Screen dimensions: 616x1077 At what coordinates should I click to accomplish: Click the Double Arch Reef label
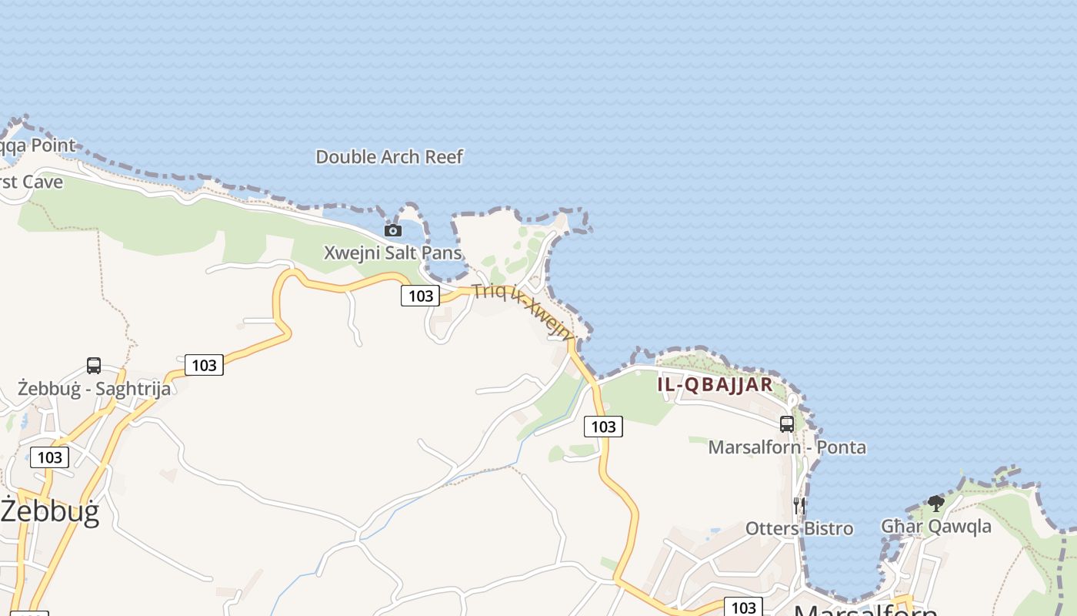click(389, 157)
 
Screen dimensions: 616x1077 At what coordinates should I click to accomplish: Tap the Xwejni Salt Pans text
click(392, 253)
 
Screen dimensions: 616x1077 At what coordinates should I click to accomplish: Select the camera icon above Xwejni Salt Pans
click(393, 230)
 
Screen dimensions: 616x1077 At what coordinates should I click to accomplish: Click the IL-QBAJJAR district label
click(715, 385)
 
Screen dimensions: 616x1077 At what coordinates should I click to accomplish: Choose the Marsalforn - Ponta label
click(787, 447)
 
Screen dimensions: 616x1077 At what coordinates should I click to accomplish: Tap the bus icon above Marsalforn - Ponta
click(787, 423)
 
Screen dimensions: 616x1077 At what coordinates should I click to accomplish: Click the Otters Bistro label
click(799, 528)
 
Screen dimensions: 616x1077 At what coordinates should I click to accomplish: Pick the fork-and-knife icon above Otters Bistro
click(799, 505)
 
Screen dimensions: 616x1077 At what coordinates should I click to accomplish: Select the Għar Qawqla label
click(936, 527)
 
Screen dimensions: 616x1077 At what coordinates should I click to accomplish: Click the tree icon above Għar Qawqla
click(936, 504)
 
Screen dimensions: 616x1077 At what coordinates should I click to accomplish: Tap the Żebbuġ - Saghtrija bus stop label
click(94, 388)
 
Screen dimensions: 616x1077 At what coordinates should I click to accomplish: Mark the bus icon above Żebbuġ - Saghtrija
click(94, 365)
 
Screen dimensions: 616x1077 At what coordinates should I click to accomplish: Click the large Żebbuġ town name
click(50, 511)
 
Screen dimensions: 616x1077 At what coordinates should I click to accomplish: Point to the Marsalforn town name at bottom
click(865, 611)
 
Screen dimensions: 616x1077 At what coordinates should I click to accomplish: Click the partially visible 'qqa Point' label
click(38, 146)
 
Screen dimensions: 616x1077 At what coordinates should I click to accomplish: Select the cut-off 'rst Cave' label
click(32, 182)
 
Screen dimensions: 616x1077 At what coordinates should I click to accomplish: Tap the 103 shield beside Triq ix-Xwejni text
click(420, 296)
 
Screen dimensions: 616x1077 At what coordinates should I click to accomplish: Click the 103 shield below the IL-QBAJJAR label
click(603, 427)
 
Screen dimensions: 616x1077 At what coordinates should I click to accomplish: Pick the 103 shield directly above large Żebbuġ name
click(50, 457)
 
